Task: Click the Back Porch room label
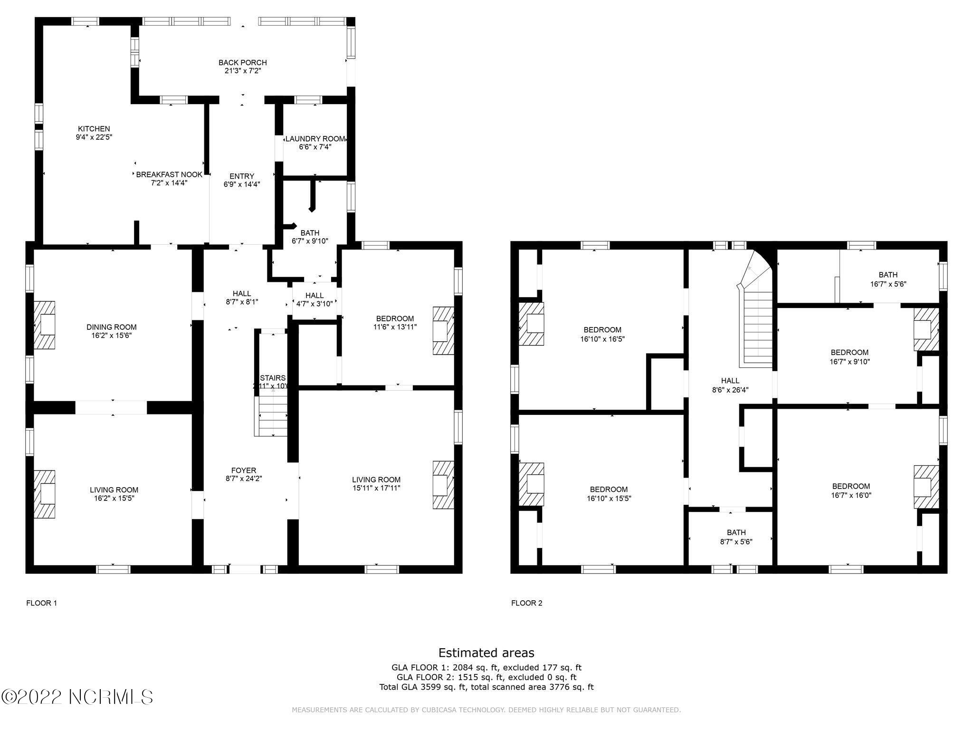[242, 62]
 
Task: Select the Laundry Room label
[315, 139]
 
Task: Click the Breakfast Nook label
[169, 174]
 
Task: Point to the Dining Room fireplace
[45, 325]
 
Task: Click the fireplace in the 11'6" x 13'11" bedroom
[443, 331]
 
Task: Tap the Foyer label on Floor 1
[244, 471]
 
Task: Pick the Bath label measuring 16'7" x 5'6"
[887, 275]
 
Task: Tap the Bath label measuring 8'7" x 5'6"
[736, 532]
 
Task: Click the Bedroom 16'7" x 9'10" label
[849, 352]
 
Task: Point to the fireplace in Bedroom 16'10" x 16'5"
[531, 324]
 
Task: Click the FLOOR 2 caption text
[526, 603]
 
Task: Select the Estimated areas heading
[486, 653]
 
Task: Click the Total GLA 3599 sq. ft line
[486, 687]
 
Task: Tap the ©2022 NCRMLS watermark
[77, 697]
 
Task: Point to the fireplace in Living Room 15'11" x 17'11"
[443, 485]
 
